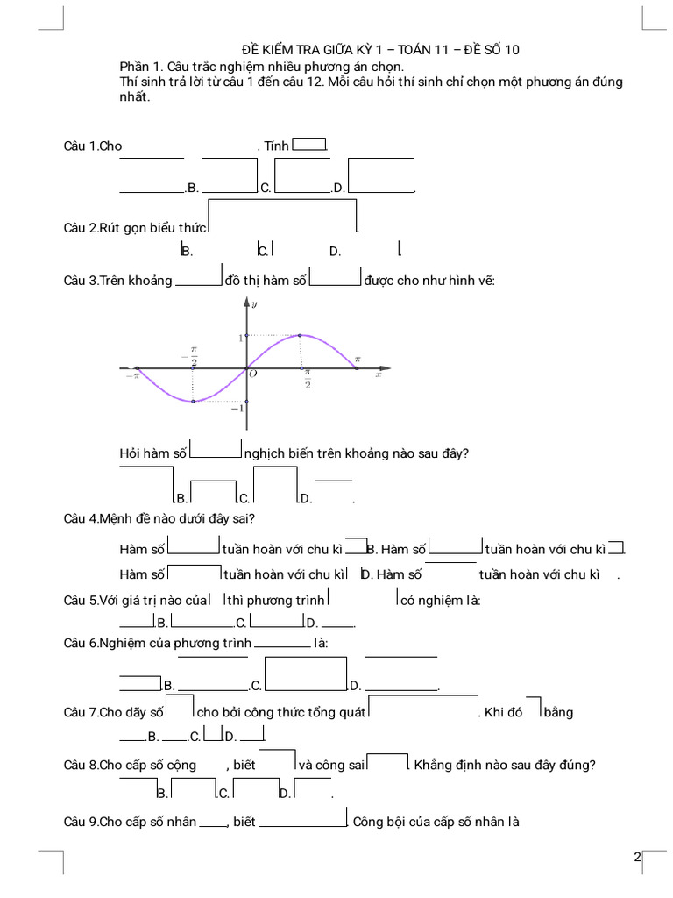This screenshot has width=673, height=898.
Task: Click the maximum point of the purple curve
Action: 301,335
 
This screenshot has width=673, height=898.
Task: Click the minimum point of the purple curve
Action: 193,402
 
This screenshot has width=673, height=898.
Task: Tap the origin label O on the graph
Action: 252,374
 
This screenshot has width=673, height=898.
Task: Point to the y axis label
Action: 254,305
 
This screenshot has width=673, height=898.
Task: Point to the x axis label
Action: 379,374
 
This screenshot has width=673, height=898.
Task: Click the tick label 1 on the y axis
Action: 240,337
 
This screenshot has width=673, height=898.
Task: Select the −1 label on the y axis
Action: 237,409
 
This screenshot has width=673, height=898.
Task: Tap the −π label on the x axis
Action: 131,375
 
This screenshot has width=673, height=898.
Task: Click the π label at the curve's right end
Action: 357,360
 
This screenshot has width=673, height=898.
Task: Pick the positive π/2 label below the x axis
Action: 308,379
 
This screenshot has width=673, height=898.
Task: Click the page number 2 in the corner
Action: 637,857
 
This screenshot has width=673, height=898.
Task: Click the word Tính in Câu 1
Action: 276,146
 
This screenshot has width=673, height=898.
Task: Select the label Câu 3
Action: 81,281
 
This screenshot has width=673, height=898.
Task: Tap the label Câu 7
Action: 81,712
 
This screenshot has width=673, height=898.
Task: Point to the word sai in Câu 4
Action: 244,518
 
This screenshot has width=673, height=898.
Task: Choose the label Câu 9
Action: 81,822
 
